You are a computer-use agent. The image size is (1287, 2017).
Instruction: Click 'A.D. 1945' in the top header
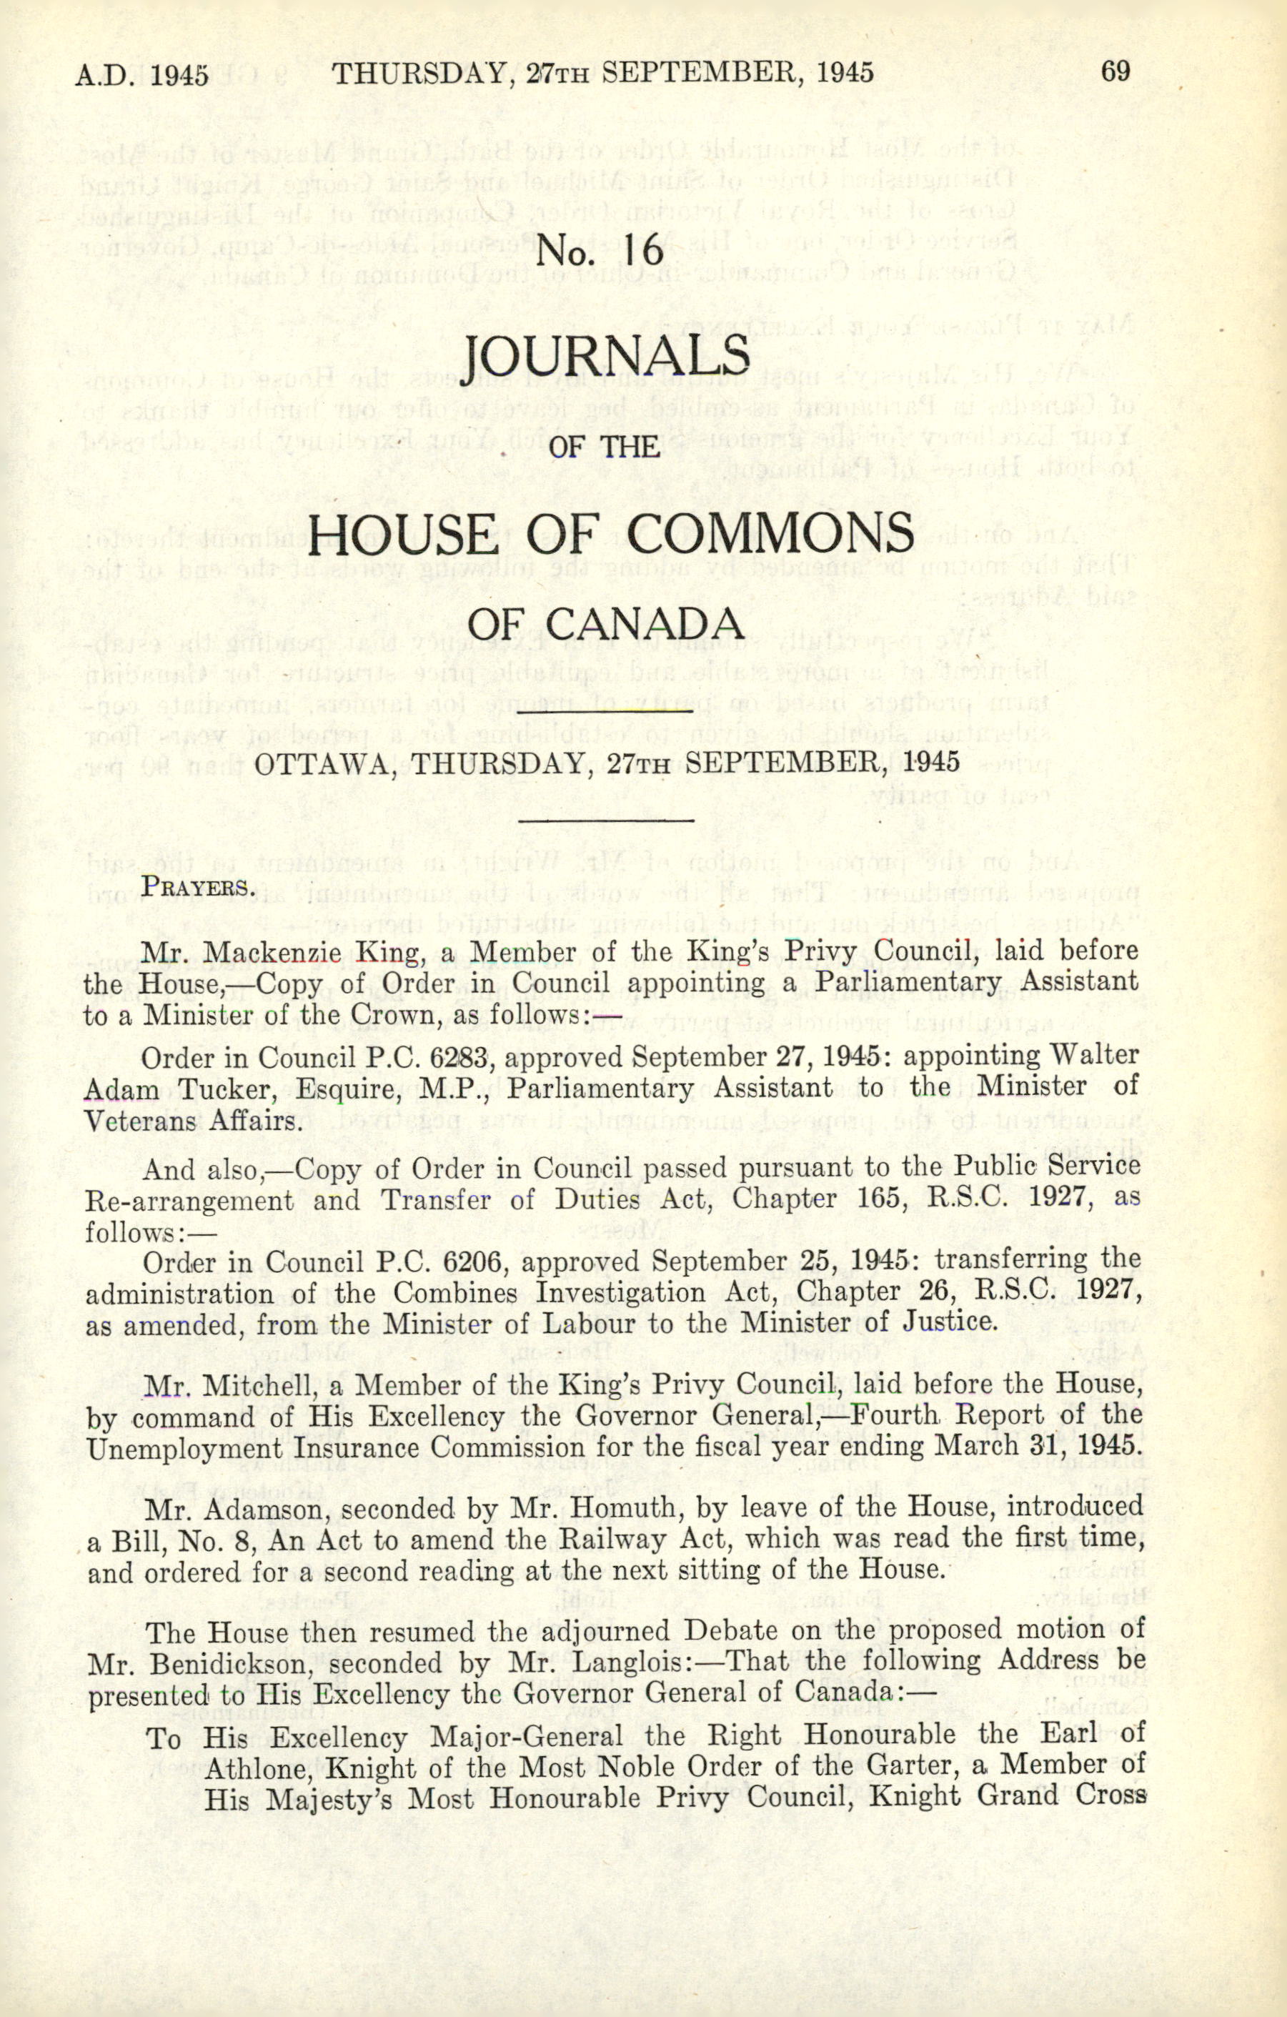141,74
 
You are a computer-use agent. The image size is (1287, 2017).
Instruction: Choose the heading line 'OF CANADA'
605,624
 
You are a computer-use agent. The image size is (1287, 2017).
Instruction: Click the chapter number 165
873,1199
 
